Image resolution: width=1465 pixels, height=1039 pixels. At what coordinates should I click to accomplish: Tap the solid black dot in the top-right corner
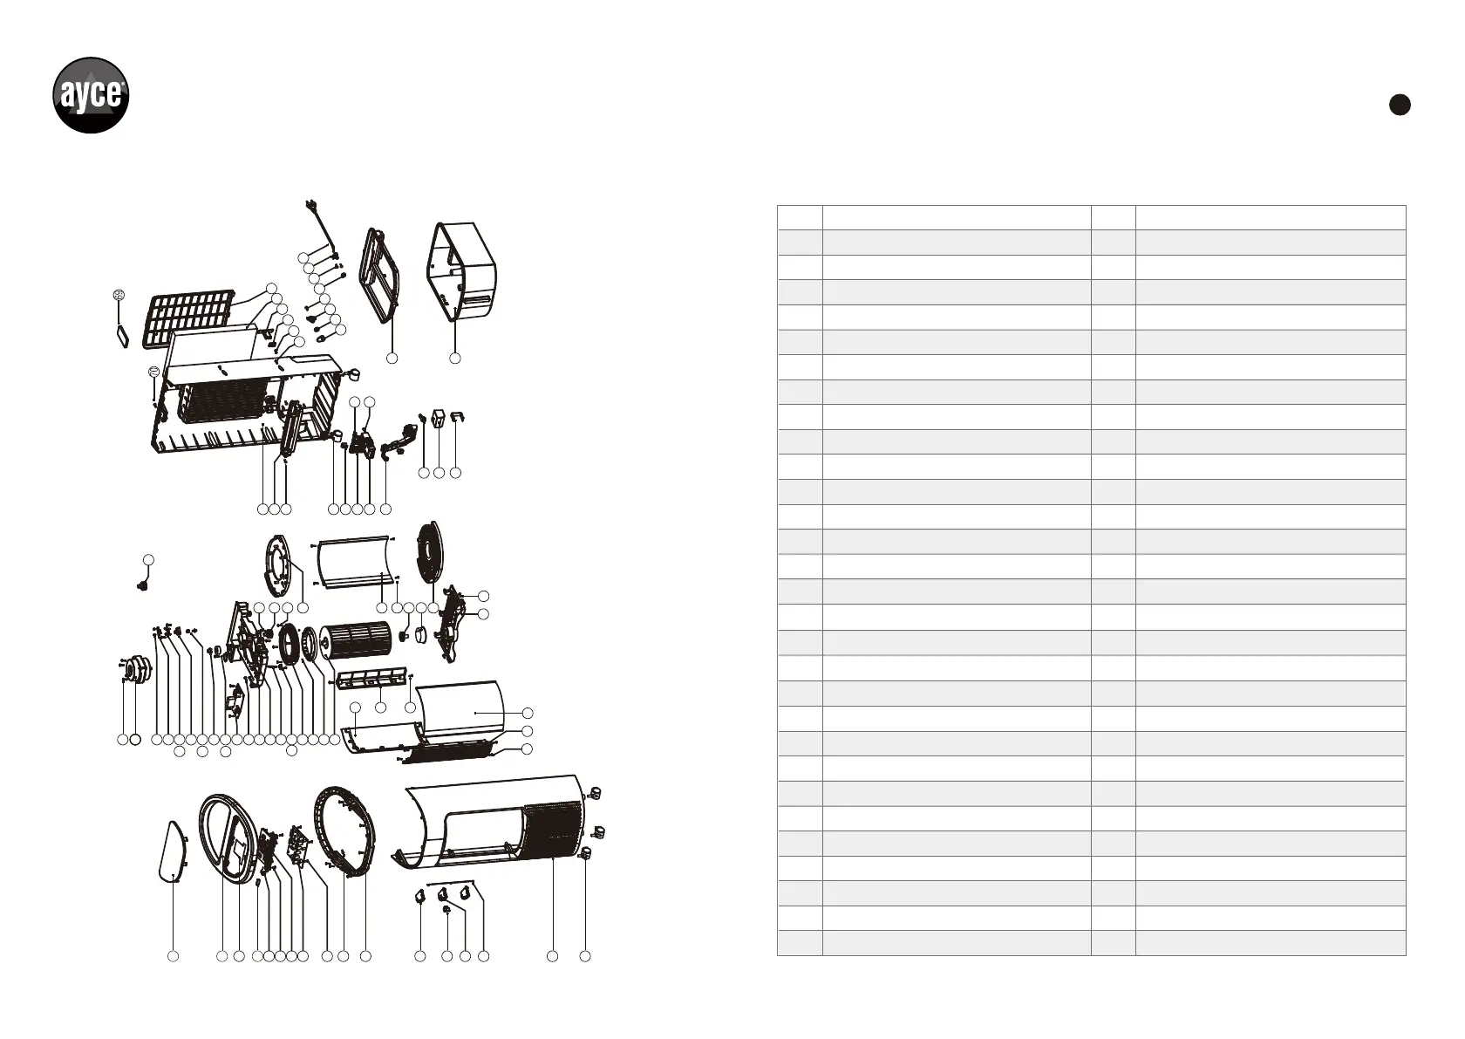pyautogui.click(x=1399, y=105)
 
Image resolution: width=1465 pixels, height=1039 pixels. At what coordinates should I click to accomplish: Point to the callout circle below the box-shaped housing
pyautogui.click(x=454, y=359)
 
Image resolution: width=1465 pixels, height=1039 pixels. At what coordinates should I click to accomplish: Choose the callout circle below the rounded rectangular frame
pyautogui.click(x=392, y=359)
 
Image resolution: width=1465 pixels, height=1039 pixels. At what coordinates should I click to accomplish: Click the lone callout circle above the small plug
pyautogui.click(x=149, y=558)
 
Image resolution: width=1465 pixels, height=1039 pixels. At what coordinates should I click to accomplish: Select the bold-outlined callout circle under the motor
pyautogui.click(x=135, y=740)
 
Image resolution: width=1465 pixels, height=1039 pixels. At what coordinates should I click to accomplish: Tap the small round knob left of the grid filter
pyautogui.click(x=119, y=296)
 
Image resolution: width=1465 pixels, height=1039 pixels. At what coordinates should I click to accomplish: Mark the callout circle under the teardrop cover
pyautogui.click(x=174, y=957)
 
